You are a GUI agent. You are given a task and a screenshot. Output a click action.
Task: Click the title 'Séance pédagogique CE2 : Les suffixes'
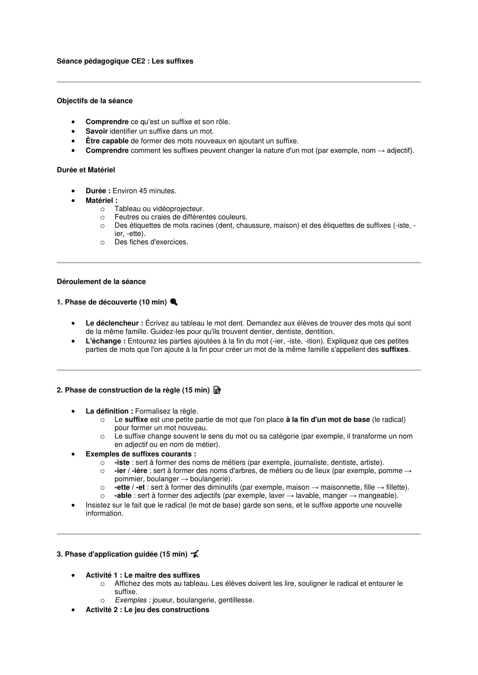point(125,61)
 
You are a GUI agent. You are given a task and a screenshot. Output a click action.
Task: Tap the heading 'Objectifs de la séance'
point(95,101)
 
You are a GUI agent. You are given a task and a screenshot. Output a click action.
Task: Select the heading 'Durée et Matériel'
point(86,170)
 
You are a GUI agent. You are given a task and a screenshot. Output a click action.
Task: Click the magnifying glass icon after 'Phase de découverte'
point(174,302)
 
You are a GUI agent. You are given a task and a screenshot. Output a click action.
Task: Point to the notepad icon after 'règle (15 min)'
point(217,390)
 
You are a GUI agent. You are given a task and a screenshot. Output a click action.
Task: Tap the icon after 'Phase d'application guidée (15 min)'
point(194,554)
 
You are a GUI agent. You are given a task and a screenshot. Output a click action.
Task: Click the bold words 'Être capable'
point(107,141)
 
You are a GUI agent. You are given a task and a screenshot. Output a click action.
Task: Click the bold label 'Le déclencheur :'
point(114,324)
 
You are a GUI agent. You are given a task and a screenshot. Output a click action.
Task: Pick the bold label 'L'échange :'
point(105,341)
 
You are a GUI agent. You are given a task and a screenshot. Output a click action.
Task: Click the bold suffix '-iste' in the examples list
point(122,463)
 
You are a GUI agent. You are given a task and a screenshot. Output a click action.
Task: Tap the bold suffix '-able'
point(123,496)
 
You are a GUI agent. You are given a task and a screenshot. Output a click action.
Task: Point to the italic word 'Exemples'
point(131,600)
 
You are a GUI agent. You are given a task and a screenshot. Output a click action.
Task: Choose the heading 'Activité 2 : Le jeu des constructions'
point(147,610)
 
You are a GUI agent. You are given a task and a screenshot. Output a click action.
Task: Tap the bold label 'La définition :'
point(109,411)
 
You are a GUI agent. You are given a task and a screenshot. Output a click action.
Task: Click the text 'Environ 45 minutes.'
point(144,191)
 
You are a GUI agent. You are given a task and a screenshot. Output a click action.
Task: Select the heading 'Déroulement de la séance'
point(101,282)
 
